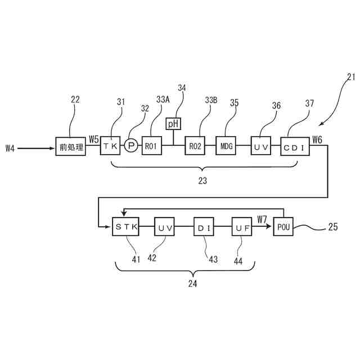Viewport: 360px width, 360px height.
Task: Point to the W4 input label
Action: (10, 148)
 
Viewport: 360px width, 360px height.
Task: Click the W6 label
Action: (317, 139)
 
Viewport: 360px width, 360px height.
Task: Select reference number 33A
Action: (163, 100)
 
